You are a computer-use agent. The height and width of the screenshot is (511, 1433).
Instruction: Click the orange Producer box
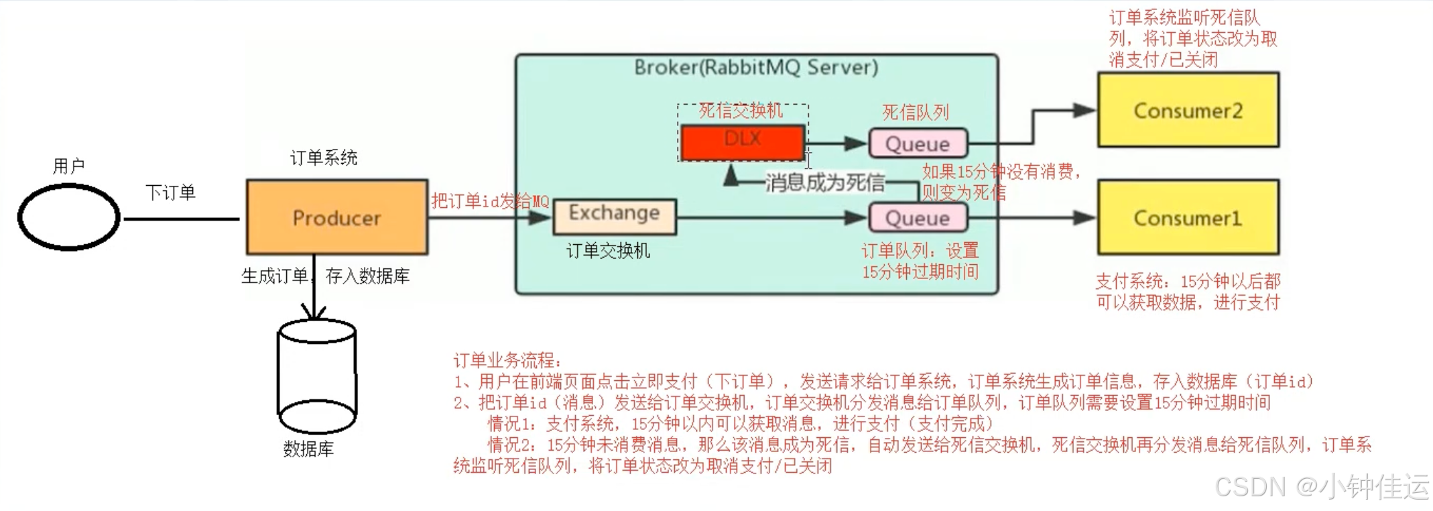[x=336, y=217]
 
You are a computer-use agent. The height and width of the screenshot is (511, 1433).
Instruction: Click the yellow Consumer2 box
[x=1188, y=110]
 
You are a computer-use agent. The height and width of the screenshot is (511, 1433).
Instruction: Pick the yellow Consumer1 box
[x=1188, y=217]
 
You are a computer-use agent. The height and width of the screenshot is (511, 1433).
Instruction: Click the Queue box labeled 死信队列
[x=918, y=144]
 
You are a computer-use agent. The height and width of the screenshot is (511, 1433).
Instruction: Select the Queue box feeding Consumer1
[x=918, y=217]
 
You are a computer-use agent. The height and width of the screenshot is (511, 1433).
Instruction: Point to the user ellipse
[x=68, y=217]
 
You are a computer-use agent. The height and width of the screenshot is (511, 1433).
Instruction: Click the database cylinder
[x=316, y=377]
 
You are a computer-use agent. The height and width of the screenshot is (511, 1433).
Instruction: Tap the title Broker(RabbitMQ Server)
[x=756, y=67]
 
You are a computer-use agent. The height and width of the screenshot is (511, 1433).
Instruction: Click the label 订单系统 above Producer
[x=324, y=158]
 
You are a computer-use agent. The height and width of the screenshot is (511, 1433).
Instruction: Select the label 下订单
[x=170, y=192]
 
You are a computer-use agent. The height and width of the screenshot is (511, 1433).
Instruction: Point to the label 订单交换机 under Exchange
[x=608, y=251]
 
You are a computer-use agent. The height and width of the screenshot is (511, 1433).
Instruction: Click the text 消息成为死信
[x=825, y=182]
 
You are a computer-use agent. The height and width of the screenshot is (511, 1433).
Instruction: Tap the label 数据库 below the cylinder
[x=308, y=449]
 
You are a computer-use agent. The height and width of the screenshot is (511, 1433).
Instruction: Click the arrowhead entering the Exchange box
[x=540, y=217]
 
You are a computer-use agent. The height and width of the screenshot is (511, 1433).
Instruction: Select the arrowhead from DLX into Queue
[x=856, y=144]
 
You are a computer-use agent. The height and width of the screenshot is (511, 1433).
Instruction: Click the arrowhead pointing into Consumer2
[x=1084, y=110]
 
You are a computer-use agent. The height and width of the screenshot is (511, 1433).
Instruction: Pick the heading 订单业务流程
[x=507, y=360]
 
